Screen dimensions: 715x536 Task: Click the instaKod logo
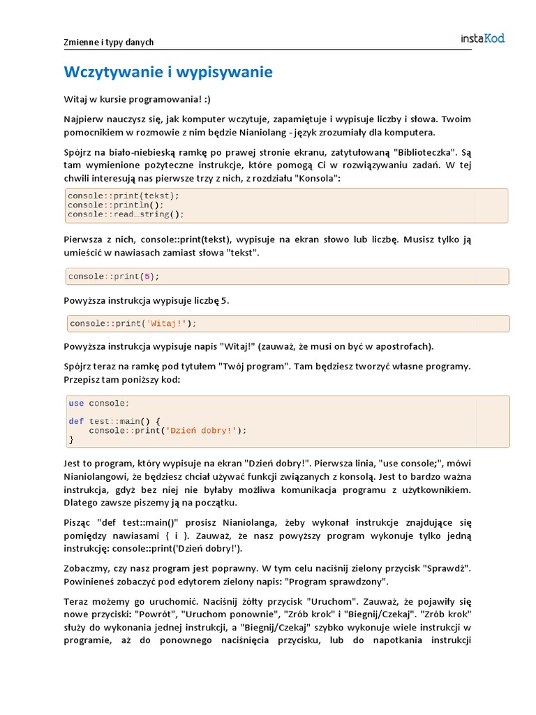pyautogui.click(x=482, y=38)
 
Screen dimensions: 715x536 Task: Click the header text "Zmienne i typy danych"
pyautogui.click(x=109, y=43)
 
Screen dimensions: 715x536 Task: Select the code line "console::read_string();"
pyautogui.click(x=126, y=214)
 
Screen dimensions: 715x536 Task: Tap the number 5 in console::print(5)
pyautogui.click(x=146, y=277)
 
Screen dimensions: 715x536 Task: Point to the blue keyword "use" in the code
pyautogui.click(x=76, y=403)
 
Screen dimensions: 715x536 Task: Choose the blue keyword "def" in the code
pyautogui.click(x=76, y=421)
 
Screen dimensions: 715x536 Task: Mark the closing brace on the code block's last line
pyautogui.click(x=70, y=440)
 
